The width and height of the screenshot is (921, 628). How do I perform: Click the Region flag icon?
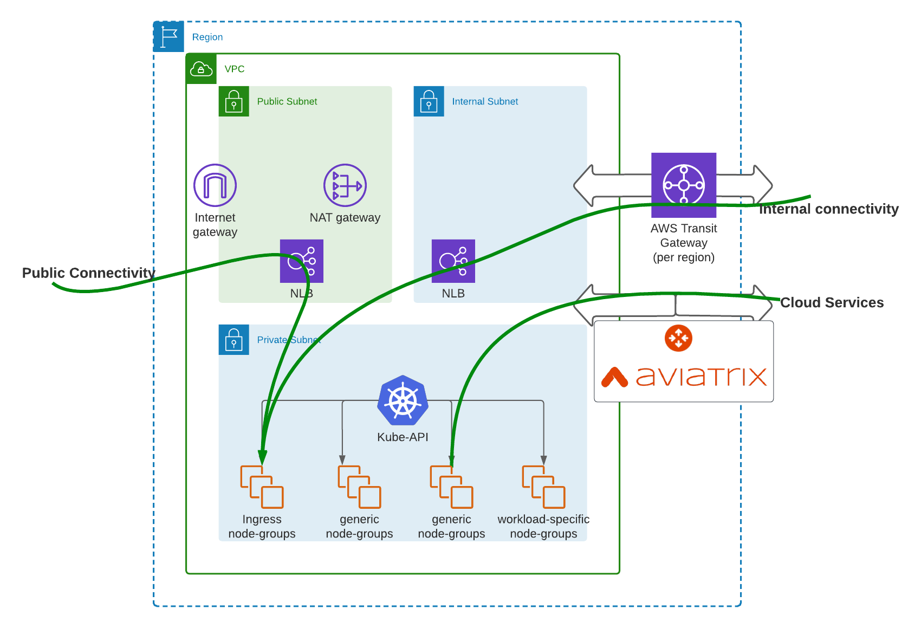pyautogui.click(x=168, y=37)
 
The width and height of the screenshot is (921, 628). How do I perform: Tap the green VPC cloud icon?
pyautogui.click(x=201, y=69)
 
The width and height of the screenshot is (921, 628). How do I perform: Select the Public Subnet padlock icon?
pyautogui.click(x=234, y=101)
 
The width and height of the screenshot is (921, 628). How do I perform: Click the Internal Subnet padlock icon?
pyautogui.click(x=429, y=101)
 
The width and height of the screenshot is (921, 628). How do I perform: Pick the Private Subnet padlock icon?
pyautogui.click(x=234, y=340)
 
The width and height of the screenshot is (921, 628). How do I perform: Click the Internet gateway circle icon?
pyautogui.click(x=215, y=185)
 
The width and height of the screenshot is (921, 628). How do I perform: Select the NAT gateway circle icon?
pyautogui.click(x=345, y=185)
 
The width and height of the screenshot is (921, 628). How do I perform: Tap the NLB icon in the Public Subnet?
pyautogui.click(x=301, y=261)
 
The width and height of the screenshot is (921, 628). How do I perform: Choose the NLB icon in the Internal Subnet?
pyautogui.click(x=453, y=261)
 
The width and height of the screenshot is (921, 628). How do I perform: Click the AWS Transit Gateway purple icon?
pyautogui.click(x=684, y=185)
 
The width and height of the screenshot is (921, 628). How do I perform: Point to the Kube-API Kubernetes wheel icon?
pyautogui.click(x=403, y=401)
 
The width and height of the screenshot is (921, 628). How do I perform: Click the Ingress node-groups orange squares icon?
pyautogui.click(x=262, y=487)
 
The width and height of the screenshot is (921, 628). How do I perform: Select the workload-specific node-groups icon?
pyautogui.click(x=543, y=487)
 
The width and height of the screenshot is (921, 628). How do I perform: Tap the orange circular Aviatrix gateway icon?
pyautogui.click(x=678, y=338)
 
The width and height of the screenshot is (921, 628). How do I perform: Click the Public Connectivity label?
pyautogui.click(x=88, y=273)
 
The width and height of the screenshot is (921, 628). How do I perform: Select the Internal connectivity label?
pyautogui.click(x=828, y=209)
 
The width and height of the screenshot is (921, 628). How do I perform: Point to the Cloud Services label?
pyautogui.click(x=832, y=302)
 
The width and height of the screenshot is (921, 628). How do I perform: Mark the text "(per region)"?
pyautogui.click(x=684, y=257)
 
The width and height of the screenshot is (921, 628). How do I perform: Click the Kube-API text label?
pyautogui.click(x=403, y=437)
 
